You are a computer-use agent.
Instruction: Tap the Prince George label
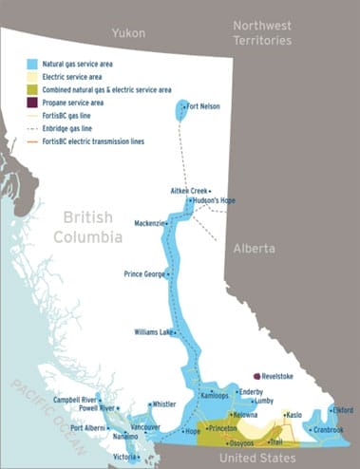pyautogui.click(x=144, y=274)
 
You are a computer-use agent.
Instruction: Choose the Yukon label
pyautogui.click(x=130, y=33)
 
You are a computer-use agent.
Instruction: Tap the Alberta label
pyautogui.click(x=254, y=248)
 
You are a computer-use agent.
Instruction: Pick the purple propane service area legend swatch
pyautogui.click(x=32, y=101)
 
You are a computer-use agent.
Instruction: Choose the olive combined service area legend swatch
pyautogui.click(x=32, y=86)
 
